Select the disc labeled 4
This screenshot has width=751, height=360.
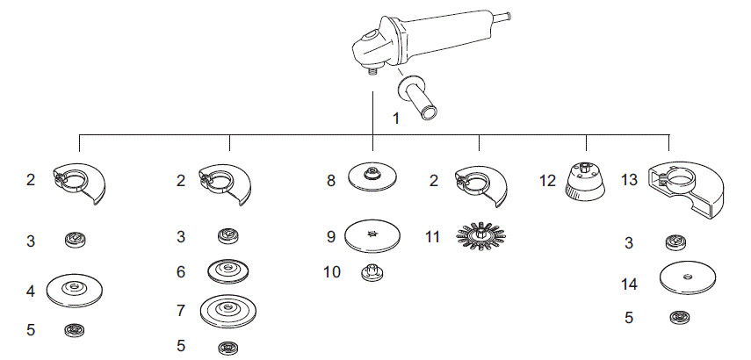[x=73, y=288]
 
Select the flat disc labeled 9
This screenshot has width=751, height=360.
[x=372, y=235]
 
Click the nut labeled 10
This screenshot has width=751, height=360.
[x=372, y=274]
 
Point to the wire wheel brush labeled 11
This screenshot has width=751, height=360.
[x=480, y=236]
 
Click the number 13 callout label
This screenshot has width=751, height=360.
[x=630, y=182]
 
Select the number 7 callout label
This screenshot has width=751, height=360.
[x=181, y=310]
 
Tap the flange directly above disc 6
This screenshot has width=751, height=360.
[x=228, y=235]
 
